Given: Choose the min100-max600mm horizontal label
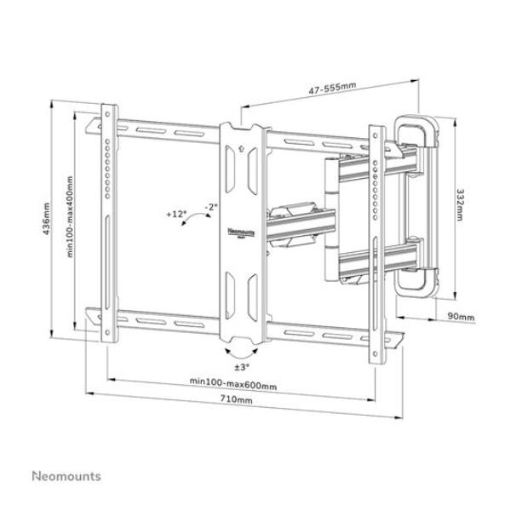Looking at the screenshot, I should click(x=233, y=386).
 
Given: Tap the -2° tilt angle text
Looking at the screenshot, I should click(x=210, y=206).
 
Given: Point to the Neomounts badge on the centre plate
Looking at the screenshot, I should click(x=243, y=231).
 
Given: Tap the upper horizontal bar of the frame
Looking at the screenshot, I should click(x=170, y=131).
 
